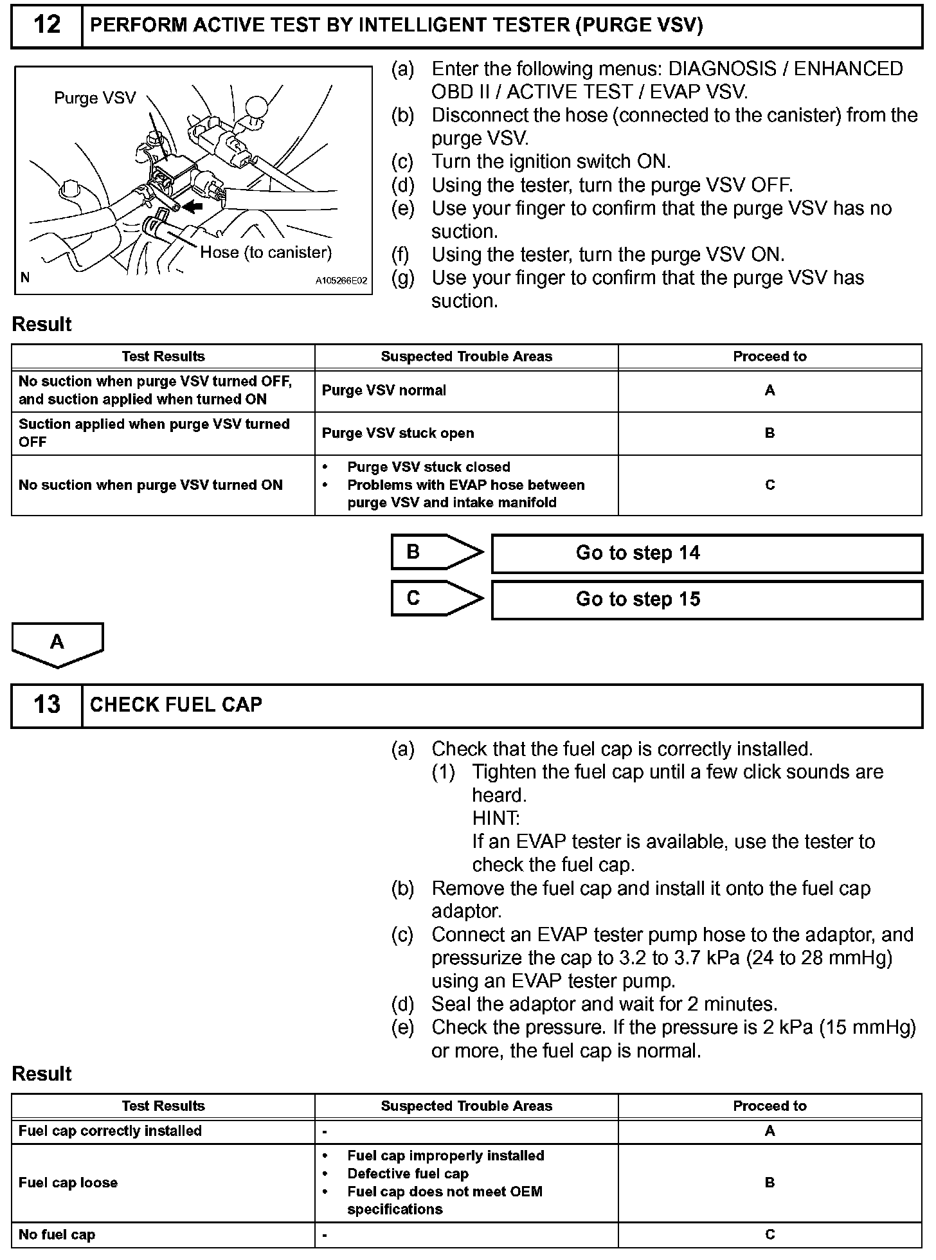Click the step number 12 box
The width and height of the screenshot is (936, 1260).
click(x=47, y=26)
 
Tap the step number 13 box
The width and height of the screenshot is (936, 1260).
click(x=47, y=705)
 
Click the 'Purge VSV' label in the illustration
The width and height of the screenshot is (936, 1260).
click(x=95, y=98)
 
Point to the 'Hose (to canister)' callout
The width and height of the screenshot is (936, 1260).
click(x=265, y=252)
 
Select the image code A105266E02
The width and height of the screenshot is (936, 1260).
click(x=341, y=281)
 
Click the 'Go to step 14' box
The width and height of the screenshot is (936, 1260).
click(x=706, y=553)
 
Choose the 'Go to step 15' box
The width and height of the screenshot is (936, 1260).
click(x=706, y=600)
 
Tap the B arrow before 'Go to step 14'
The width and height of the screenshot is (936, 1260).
click(x=436, y=552)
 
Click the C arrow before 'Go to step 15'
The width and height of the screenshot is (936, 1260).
click(x=436, y=598)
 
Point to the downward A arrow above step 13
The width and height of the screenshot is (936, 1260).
click(x=57, y=643)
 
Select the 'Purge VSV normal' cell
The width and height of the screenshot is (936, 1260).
click(x=384, y=391)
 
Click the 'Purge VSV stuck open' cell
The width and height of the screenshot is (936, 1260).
click(x=398, y=433)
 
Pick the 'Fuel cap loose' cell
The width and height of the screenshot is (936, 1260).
click(x=68, y=1183)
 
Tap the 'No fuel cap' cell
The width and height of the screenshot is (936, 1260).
click(x=57, y=1234)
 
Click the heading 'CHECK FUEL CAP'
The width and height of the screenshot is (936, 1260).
click(x=176, y=705)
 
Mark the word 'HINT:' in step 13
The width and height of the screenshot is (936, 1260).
click(x=496, y=818)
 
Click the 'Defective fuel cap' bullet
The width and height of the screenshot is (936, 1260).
click(x=408, y=1174)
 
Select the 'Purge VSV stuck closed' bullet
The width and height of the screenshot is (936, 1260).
click(x=429, y=467)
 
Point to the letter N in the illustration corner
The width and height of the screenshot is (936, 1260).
click(x=25, y=278)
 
